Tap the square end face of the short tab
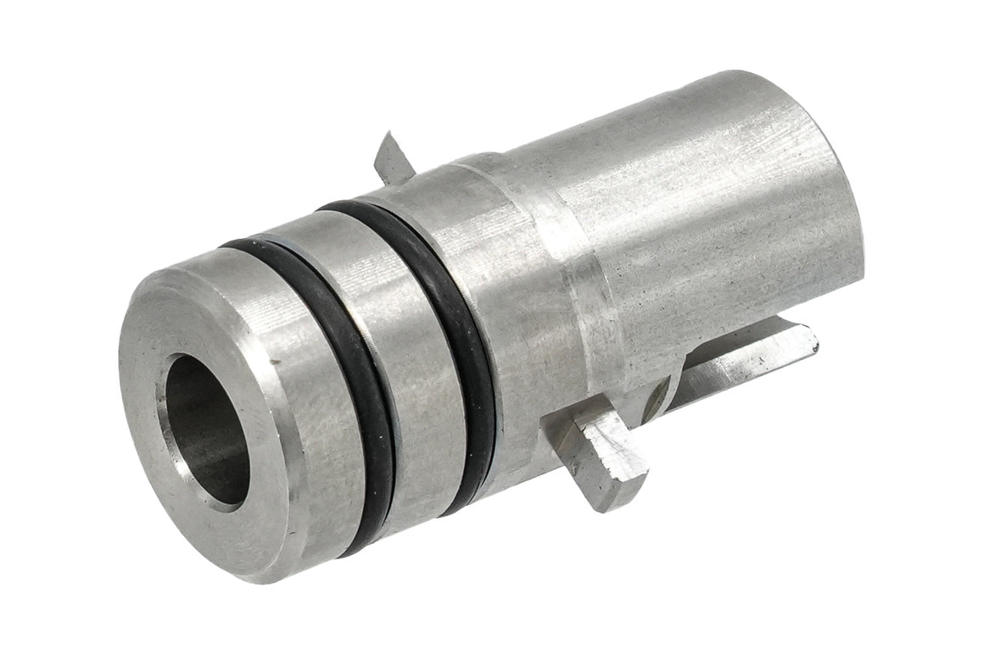[623, 491]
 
